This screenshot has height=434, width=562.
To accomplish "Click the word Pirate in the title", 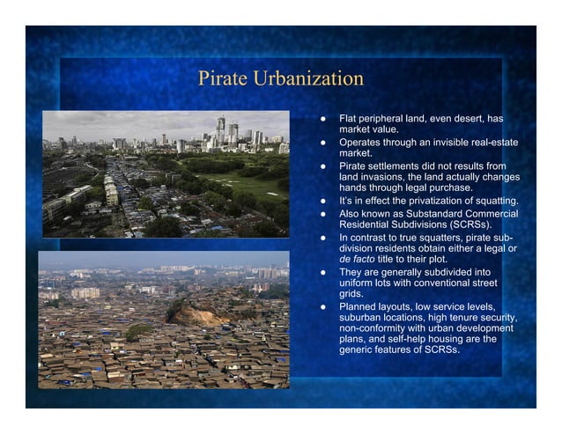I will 223,78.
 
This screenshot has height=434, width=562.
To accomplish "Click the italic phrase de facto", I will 359,260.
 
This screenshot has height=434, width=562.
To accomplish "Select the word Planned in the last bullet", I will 359,306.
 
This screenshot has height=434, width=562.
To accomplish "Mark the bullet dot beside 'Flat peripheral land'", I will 323,118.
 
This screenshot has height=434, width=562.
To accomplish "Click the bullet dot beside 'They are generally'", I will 323,271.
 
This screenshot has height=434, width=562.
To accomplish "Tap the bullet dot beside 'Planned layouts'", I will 323,306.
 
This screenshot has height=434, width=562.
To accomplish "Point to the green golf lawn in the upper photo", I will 242,184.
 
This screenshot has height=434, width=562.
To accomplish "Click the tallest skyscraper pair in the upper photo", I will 226,129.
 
